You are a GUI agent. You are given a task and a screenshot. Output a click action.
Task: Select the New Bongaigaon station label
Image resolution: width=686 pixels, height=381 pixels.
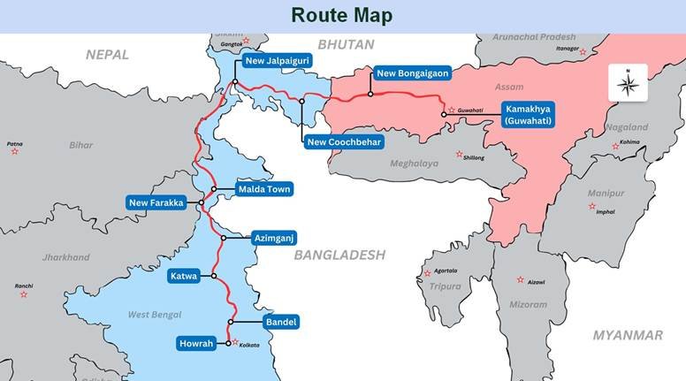[x=411, y=73]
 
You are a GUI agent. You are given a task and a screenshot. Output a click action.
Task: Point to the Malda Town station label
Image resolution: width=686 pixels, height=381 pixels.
[x=264, y=189]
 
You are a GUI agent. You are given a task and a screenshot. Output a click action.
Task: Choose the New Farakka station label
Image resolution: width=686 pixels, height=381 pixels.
[x=156, y=203]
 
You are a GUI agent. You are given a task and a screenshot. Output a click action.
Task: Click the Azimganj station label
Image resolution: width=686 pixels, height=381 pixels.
[x=273, y=238]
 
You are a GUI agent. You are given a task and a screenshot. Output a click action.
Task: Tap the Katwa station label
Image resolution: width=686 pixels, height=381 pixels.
[x=187, y=276]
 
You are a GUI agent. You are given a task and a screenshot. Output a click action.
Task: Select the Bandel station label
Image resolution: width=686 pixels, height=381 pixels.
[x=281, y=322]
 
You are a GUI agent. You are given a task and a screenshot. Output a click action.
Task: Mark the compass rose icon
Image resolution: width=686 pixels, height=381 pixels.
[x=628, y=85]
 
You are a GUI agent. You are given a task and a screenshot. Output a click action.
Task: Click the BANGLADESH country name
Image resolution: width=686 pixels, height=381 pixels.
[x=339, y=255]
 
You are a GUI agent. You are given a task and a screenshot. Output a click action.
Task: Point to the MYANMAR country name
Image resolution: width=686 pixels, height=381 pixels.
[x=628, y=335]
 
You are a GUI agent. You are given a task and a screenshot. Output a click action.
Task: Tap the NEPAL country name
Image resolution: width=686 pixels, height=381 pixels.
[x=107, y=55]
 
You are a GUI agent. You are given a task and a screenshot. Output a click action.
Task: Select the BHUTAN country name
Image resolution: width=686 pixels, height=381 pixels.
[x=346, y=43]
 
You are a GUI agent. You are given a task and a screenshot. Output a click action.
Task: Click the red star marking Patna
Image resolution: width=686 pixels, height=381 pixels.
[x=15, y=152]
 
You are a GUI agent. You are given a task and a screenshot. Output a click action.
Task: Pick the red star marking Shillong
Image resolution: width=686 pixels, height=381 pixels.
[x=459, y=155]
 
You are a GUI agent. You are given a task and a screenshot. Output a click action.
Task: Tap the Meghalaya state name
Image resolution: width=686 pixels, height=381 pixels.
[x=415, y=164]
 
